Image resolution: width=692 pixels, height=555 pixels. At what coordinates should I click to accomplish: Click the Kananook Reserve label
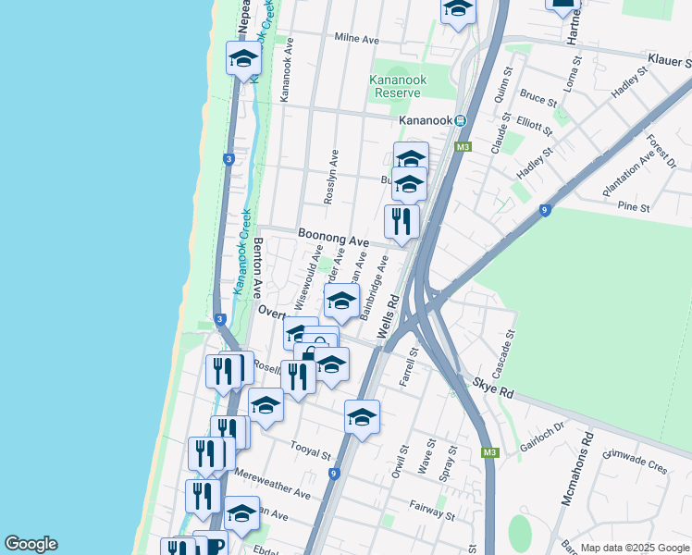pyautogui.click(x=398, y=86)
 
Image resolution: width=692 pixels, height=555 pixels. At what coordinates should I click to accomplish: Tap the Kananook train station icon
pyautogui.click(x=459, y=121)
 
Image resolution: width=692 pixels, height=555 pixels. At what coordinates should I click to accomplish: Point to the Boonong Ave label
pyautogui.click(x=333, y=238)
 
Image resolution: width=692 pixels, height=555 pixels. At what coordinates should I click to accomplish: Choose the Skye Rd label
pyautogui.click(x=494, y=387)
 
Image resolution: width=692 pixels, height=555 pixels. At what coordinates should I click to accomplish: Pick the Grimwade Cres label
pyautogui.click(x=635, y=462)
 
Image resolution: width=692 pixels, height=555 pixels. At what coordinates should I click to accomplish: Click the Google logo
pyautogui.click(x=31, y=544)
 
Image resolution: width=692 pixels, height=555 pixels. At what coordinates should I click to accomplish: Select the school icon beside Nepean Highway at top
pyautogui.click(x=243, y=58)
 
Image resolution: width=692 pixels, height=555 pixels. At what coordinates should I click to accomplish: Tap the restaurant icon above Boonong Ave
pyautogui.click(x=402, y=220)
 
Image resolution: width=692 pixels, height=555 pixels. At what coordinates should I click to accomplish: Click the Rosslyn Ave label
pyautogui.click(x=331, y=177)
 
